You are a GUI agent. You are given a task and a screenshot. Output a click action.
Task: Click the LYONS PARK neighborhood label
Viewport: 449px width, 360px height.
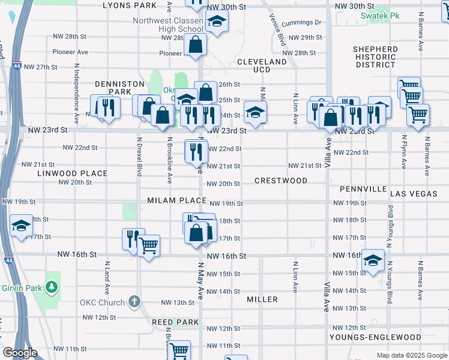point(129,5)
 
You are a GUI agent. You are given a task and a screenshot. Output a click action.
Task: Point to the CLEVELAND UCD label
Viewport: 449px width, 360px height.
point(262,66)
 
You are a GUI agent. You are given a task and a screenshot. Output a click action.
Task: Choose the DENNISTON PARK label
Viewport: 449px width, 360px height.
point(119,88)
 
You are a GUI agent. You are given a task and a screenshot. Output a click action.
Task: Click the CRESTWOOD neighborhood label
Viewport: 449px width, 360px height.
point(280,181)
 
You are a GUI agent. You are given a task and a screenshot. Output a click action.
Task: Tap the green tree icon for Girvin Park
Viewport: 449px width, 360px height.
point(53,287)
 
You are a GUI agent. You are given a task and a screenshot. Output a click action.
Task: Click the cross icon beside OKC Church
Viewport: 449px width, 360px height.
point(135,302)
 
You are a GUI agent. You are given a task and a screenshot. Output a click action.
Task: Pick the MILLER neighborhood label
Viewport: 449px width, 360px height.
point(262,299)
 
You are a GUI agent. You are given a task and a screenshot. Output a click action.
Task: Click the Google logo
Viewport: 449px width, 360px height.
point(20,353)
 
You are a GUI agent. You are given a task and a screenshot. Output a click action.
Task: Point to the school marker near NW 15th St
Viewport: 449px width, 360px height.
point(373,260)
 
